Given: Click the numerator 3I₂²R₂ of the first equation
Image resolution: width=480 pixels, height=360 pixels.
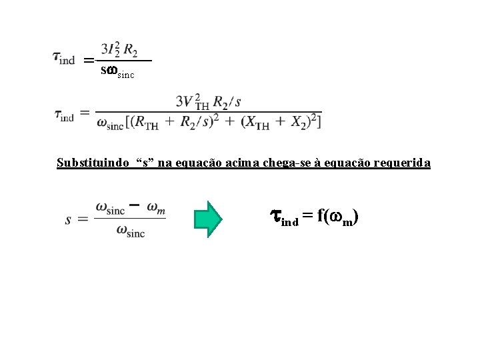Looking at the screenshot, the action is pyautogui.click(x=120, y=49).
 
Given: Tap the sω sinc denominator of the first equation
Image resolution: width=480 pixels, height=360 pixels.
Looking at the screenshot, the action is pyautogui.click(x=117, y=71).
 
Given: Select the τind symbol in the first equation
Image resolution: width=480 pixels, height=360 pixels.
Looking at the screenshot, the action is pyautogui.click(x=64, y=58).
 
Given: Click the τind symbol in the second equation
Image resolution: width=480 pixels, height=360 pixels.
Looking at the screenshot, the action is pyautogui.click(x=64, y=115).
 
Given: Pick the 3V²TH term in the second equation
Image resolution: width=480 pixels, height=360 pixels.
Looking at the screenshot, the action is pyautogui.click(x=193, y=102).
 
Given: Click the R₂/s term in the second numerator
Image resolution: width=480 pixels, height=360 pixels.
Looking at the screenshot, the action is pyautogui.click(x=230, y=102).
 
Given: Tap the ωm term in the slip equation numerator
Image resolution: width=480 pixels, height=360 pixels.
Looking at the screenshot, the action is pyautogui.click(x=157, y=209).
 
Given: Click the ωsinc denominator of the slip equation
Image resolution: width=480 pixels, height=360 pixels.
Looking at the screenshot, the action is pyautogui.click(x=130, y=232).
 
